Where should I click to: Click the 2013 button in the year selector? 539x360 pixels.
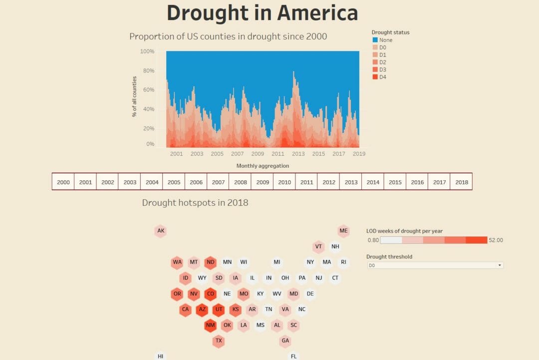pyautogui.click(x=351, y=182)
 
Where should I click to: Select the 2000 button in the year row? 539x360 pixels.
pyautogui.click(x=63, y=182)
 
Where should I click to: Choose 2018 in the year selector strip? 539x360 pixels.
pyautogui.click(x=462, y=182)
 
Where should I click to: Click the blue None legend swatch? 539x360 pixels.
pyautogui.click(x=375, y=40)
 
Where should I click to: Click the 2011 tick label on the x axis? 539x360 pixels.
pyautogui.click(x=278, y=154)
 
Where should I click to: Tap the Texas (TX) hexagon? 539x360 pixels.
pyautogui.click(x=218, y=342)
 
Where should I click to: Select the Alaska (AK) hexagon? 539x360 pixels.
pyautogui.click(x=161, y=231)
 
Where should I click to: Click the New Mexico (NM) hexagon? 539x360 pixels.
pyautogui.click(x=210, y=326)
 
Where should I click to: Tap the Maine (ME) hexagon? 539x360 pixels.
pyautogui.click(x=343, y=231)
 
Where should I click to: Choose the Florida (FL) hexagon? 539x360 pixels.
pyautogui.click(x=293, y=356)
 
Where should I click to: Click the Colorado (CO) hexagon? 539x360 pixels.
pyautogui.click(x=210, y=294)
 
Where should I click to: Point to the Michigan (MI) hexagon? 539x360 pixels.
pyautogui.click(x=277, y=262)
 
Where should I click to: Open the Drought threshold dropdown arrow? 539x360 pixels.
pyautogui.click(x=500, y=266)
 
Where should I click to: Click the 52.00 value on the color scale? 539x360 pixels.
pyautogui.click(x=496, y=240)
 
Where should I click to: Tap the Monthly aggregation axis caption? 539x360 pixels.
pyautogui.click(x=263, y=166)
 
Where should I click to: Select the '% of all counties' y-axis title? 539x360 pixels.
pyautogui.click(x=135, y=96)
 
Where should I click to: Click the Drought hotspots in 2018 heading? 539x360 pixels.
pyautogui.click(x=195, y=203)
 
